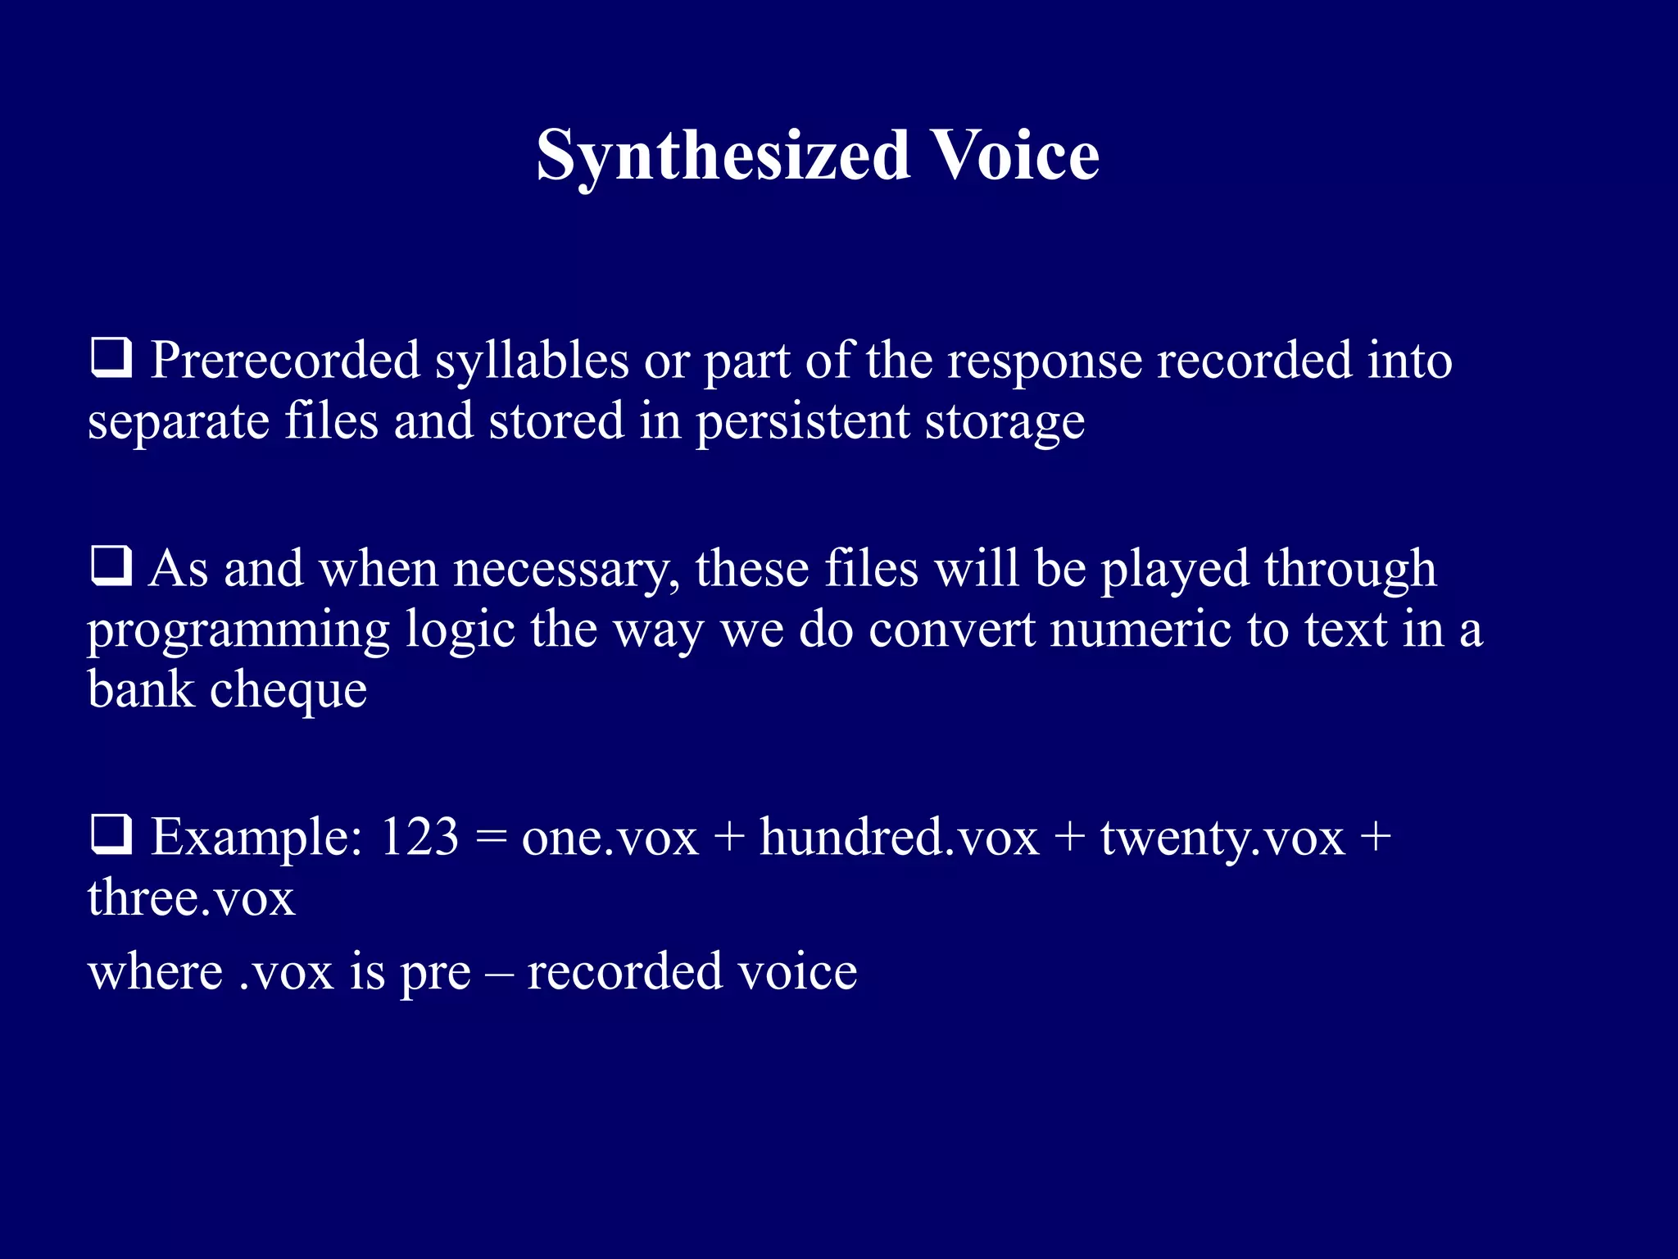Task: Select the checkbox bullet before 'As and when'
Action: click(111, 566)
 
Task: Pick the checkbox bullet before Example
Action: click(111, 835)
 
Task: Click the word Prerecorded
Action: click(284, 361)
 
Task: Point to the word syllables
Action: click(531, 361)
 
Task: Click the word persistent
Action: click(802, 422)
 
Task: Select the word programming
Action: click(238, 632)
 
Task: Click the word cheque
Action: click(288, 690)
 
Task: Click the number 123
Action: click(419, 837)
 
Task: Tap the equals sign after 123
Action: click(490, 839)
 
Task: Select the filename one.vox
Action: click(610, 839)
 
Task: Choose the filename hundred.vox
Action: click(899, 837)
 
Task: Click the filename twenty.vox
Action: click(1222, 839)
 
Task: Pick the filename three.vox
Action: click(191, 898)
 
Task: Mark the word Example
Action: click(256, 839)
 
